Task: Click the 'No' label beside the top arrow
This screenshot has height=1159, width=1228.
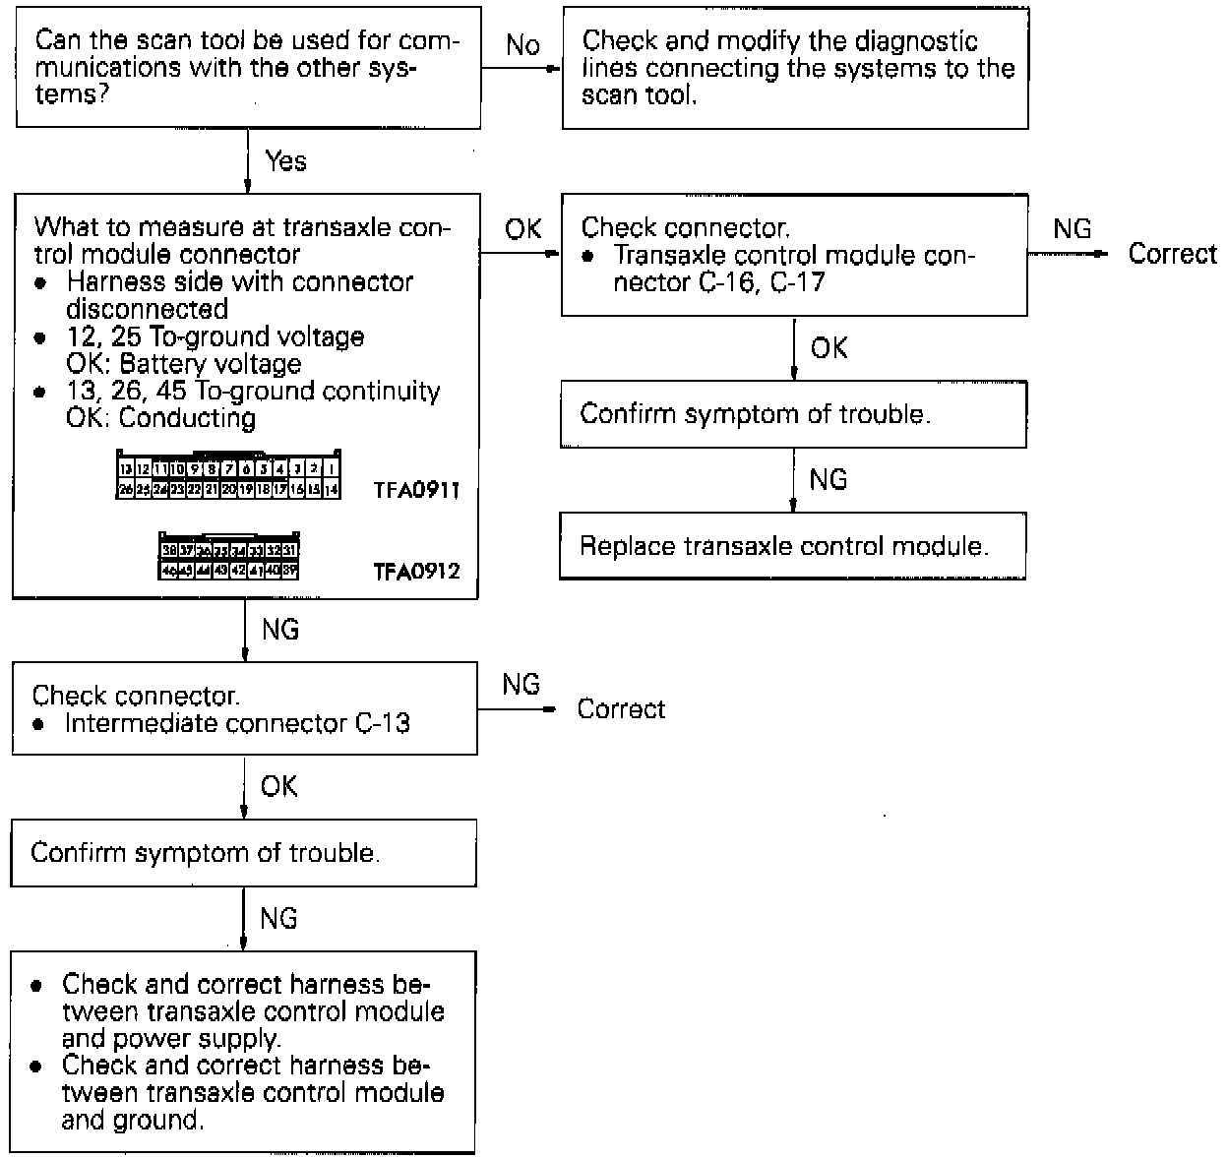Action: click(522, 45)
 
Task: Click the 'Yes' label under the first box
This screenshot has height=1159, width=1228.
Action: click(285, 160)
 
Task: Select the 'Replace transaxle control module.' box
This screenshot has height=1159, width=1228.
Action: click(792, 546)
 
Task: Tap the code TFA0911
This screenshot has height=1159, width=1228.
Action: click(416, 490)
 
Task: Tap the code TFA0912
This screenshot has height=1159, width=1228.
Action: click(416, 571)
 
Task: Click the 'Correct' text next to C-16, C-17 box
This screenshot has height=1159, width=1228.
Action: click(1172, 254)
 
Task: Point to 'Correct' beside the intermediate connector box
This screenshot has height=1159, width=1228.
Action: click(621, 709)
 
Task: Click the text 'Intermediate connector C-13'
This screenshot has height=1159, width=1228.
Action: click(237, 723)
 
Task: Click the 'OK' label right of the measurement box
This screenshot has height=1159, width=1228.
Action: click(522, 229)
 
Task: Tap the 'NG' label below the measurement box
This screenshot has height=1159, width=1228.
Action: click(280, 629)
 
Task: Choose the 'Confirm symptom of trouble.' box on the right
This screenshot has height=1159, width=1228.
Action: click(792, 413)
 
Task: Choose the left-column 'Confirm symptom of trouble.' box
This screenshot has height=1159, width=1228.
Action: click(243, 852)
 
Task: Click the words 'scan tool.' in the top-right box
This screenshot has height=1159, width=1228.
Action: click(639, 96)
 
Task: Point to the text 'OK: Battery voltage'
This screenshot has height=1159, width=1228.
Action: click(183, 364)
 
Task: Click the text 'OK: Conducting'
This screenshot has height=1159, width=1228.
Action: click(160, 418)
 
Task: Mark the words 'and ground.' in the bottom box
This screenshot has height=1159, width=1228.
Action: click(133, 1120)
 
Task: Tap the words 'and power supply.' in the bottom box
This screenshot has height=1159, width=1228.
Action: click(171, 1039)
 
